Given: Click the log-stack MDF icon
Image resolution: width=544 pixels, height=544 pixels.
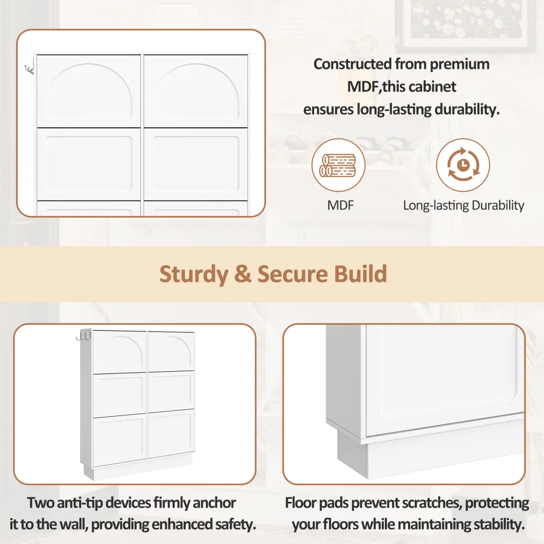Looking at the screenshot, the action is [338, 165].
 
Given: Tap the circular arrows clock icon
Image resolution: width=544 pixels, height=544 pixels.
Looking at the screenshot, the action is [463, 165].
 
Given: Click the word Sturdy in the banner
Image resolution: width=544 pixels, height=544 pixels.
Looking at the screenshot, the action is [194, 274].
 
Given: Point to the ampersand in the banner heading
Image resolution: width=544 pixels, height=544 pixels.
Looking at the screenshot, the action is [243, 274].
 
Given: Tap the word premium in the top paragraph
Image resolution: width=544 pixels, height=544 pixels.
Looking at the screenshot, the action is [460, 65].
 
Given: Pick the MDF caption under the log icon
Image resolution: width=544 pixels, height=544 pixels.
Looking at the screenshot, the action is [340, 205].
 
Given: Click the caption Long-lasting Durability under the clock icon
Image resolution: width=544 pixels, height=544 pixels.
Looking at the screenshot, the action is [464, 206].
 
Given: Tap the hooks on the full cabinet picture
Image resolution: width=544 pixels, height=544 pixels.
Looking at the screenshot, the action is [83, 336].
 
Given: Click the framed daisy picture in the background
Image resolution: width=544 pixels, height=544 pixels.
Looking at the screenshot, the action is [466, 24].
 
